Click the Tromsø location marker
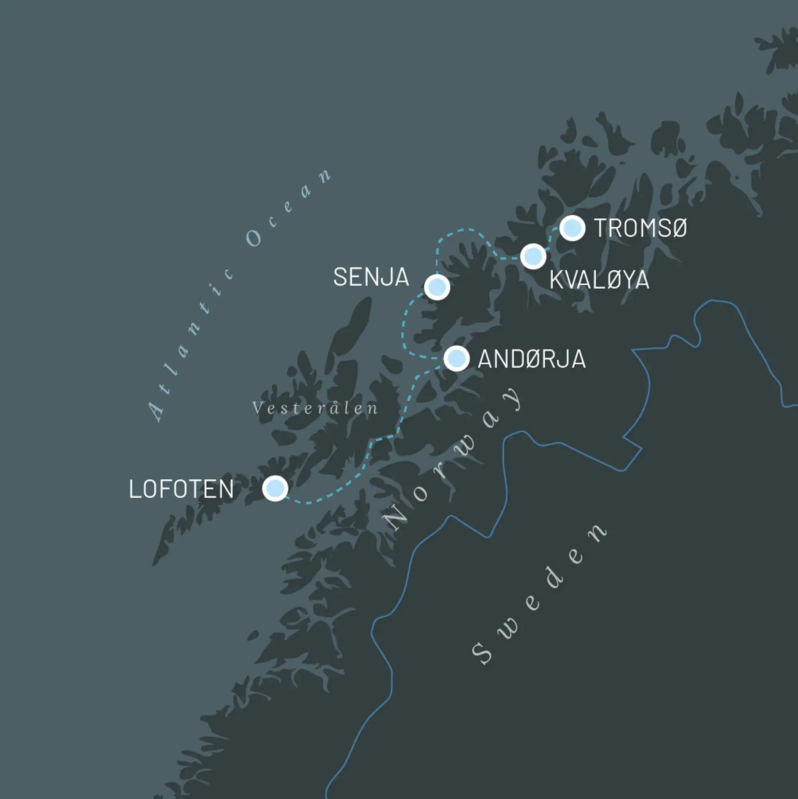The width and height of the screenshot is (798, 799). click(572, 228)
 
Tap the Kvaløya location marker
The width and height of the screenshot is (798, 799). click(533, 256)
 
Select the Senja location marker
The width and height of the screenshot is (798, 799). click(437, 287)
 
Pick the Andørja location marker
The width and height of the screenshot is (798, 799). click(456, 358)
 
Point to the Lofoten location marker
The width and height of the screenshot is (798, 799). click(275, 488)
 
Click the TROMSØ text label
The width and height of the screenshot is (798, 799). click(640, 228)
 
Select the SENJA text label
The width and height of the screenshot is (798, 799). click(371, 277)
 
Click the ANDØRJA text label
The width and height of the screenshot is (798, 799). click(531, 359)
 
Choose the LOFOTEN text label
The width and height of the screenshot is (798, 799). click(181, 489)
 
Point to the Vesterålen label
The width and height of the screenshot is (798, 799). click(315, 408)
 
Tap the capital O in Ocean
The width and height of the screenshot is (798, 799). click(253, 238)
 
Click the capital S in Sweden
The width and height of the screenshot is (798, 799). click(482, 653)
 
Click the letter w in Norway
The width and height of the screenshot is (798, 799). click(467, 447)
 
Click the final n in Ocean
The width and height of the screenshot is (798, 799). click(324, 175)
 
